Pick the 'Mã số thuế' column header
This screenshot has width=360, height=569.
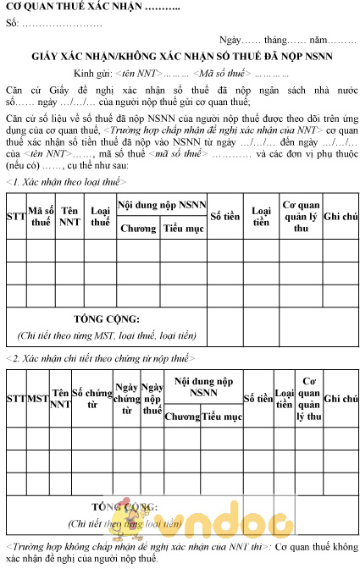pos(41,216)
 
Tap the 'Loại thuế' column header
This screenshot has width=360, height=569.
pos(100,216)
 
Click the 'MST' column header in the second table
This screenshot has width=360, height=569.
pos(38,397)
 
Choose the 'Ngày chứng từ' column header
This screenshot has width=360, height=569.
pos(126,398)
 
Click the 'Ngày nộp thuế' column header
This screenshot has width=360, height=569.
pos(152,398)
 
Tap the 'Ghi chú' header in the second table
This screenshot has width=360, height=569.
pos(341,397)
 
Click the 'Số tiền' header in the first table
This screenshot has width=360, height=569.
pos(226,216)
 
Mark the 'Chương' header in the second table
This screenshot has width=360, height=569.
pos(182,416)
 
